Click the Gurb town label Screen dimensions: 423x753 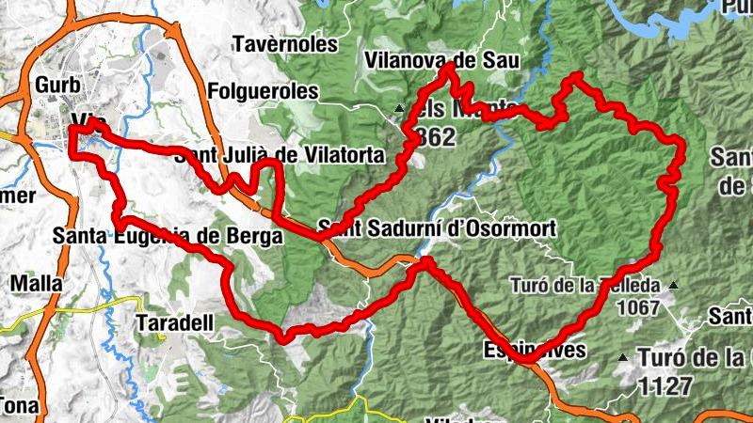coord(55,85)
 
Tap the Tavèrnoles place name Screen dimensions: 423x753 coord(283,45)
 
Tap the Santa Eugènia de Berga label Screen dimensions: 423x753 coord(168,237)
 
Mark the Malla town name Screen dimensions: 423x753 coord(37,283)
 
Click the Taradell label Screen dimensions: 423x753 coord(175,322)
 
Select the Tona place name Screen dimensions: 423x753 coord(19,405)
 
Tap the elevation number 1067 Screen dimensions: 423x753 coord(641,306)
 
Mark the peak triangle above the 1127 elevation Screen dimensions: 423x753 coord(622,357)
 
